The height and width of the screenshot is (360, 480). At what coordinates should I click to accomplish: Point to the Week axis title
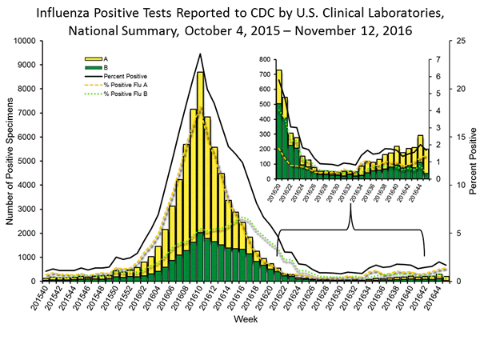pos(244,319)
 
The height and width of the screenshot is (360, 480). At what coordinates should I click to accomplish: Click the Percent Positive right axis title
pos(472,160)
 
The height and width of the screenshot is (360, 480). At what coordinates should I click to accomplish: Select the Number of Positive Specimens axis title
pos(10,160)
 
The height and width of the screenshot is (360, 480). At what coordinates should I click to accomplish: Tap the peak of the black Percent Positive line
pos(200,54)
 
